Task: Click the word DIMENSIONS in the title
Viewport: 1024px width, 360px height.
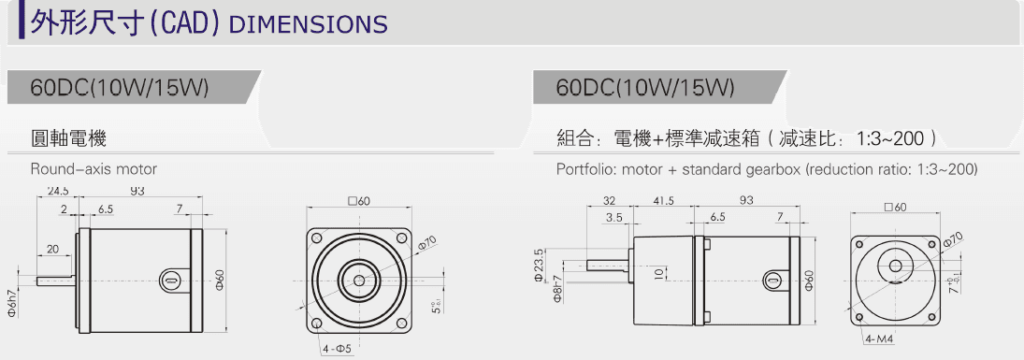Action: tap(308, 23)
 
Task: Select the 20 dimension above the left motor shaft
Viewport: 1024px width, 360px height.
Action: tap(54, 249)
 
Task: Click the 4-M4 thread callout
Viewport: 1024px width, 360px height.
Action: tap(879, 338)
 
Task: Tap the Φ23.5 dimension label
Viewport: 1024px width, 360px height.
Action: tap(539, 265)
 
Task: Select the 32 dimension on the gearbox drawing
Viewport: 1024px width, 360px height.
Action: tap(609, 201)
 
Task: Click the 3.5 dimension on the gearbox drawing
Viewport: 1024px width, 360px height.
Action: tap(614, 217)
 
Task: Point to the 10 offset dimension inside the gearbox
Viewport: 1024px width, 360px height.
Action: tap(659, 274)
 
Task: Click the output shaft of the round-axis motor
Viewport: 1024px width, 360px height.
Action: tap(56, 278)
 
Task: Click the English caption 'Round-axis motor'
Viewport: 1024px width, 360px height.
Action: tap(94, 169)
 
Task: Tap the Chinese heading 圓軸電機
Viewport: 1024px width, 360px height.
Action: tap(68, 139)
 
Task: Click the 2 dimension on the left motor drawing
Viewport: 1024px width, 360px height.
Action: tap(65, 209)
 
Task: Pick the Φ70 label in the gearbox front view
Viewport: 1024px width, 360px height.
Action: tap(953, 240)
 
